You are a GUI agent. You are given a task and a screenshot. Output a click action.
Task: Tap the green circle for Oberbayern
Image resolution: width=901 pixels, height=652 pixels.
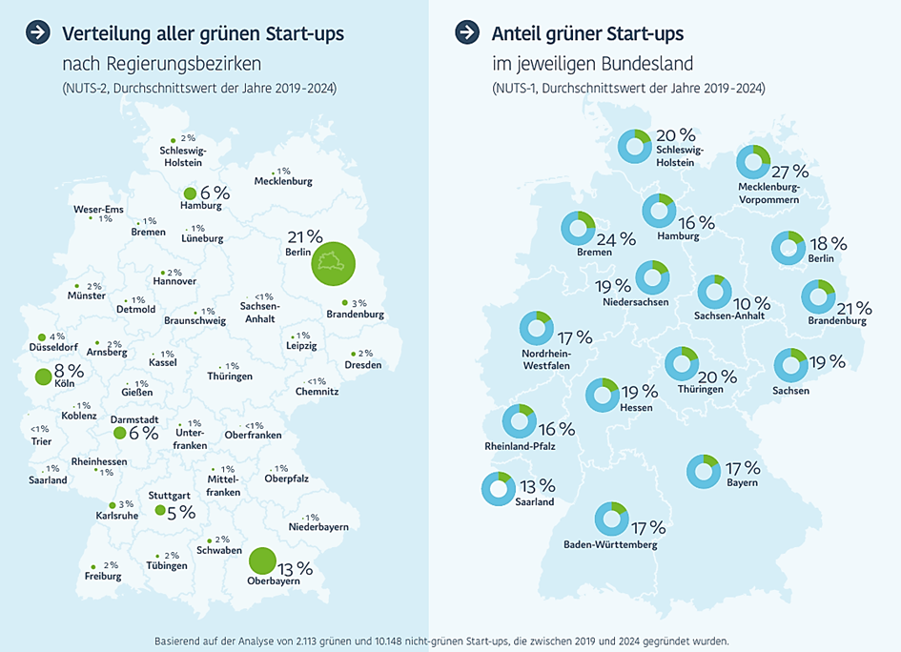coord(262,560)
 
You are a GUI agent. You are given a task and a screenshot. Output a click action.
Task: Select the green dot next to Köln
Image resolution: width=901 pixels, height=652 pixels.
coord(42,377)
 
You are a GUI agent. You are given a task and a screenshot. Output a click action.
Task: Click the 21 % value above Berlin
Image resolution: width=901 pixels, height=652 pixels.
coord(305,236)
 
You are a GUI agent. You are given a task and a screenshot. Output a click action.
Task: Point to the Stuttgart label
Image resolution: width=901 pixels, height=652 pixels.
coord(169,496)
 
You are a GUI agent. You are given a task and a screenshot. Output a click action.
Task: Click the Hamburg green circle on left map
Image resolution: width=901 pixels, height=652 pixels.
coord(190,193)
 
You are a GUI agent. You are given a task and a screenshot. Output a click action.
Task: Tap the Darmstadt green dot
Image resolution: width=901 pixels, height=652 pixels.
coord(119,433)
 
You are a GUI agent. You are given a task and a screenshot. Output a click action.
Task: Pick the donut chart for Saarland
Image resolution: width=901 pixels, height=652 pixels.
coord(498,488)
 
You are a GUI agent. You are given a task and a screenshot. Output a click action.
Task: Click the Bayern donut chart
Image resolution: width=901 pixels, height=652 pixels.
coord(704,470)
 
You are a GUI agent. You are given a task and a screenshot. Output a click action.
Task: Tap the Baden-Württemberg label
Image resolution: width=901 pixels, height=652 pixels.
coord(611,545)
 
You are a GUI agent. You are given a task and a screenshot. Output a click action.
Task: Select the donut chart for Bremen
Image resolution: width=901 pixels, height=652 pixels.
coord(577,227)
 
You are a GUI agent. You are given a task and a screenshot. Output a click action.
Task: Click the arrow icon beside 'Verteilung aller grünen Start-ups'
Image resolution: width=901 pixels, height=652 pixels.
coord(38,32)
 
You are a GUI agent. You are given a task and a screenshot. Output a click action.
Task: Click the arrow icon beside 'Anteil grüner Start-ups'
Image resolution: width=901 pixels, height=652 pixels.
coord(467,32)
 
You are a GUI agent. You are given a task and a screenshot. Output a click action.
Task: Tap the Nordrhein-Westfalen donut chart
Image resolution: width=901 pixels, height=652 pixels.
coord(536,328)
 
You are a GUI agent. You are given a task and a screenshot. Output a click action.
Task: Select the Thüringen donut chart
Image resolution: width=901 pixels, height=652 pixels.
coord(681,363)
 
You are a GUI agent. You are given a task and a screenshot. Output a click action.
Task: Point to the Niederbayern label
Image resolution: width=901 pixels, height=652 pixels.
coord(318,527)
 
